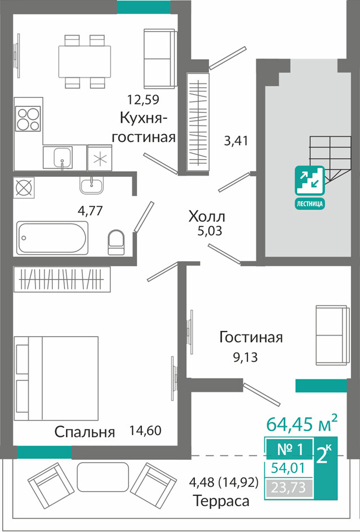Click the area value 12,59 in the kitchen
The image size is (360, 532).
(x=143, y=100)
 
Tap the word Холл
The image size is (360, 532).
(x=207, y=216)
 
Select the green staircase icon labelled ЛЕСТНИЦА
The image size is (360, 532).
(x=309, y=187)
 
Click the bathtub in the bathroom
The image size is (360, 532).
(x=52, y=237)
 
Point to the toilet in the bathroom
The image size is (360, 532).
(x=116, y=242)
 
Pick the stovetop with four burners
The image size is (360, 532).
(x=28, y=119)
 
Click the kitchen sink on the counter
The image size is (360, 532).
(x=57, y=158)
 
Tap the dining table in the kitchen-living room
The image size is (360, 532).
(x=85, y=62)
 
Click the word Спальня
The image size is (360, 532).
(x=85, y=432)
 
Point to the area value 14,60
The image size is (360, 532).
(x=145, y=431)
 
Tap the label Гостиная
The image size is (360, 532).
(x=251, y=337)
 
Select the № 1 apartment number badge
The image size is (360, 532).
(x=290, y=450)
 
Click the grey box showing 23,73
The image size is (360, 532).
(x=288, y=488)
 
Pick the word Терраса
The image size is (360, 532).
(x=221, y=501)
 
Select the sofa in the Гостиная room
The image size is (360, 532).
(x=331, y=335)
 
